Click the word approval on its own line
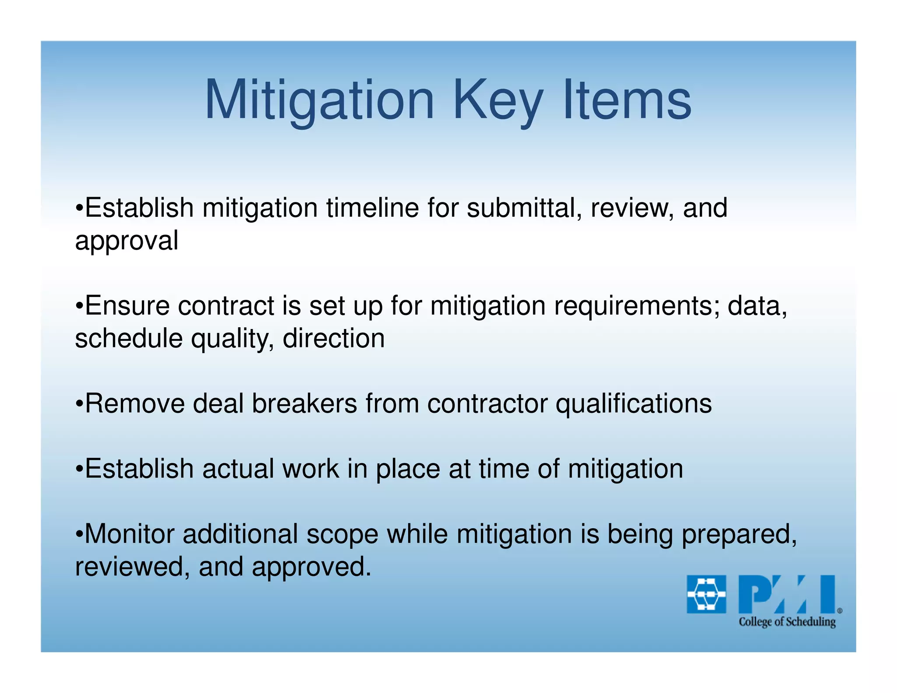127,241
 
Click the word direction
334,339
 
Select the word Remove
134,403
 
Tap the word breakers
304,403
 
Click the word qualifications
634,403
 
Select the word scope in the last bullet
342,534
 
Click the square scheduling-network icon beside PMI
706,594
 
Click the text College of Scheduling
787,622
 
